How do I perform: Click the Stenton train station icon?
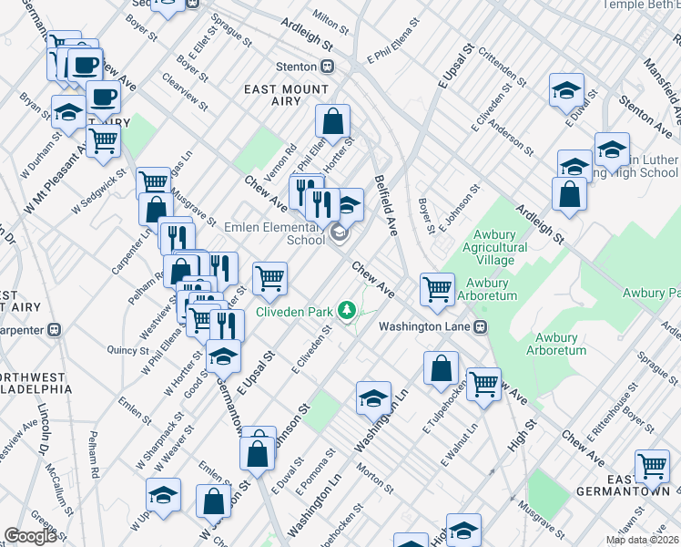coord(326,67)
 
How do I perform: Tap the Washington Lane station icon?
coord(480,326)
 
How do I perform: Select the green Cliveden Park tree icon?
coord(346,311)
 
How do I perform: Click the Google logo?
coord(30,536)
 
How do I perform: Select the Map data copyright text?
coord(642,540)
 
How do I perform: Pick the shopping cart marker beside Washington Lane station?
coord(438,289)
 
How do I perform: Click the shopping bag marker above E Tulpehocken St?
coord(441,368)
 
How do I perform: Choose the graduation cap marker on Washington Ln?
coord(373,397)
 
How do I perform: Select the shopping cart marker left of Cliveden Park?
coord(269,278)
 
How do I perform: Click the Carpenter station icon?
coord(54,328)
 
